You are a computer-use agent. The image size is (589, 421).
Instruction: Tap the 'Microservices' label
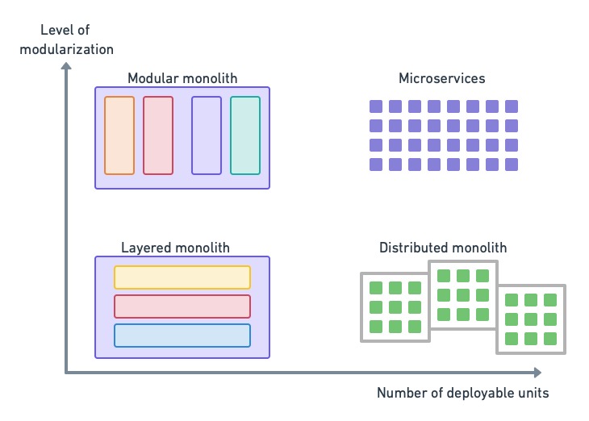(x=442, y=78)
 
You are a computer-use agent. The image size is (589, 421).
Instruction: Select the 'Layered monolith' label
(x=175, y=248)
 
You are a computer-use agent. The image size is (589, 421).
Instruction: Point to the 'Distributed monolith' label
(x=443, y=248)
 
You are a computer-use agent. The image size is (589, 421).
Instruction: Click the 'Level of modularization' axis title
(x=77, y=40)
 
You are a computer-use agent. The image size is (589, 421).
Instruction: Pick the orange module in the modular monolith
(x=119, y=135)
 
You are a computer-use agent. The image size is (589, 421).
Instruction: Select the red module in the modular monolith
(x=158, y=135)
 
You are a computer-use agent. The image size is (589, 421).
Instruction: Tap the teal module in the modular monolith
(x=245, y=135)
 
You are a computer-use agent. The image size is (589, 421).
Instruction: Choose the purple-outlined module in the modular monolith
(x=207, y=135)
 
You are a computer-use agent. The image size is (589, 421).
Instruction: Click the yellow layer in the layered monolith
(x=182, y=277)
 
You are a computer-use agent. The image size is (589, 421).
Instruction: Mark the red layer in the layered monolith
(x=182, y=306)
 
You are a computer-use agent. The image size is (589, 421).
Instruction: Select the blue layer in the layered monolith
(x=182, y=336)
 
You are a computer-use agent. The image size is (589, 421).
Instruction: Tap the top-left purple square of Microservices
(x=375, y=106)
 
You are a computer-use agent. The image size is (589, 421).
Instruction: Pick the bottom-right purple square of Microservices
(x=512, y=165)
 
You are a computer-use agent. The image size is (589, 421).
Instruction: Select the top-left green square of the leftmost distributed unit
(x=375, y=288)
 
